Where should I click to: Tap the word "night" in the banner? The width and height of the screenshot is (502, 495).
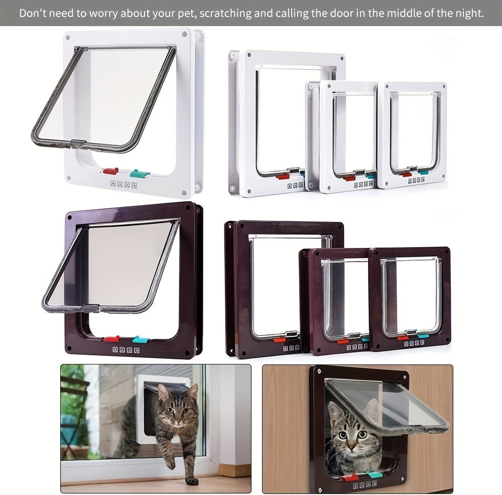click(x=469, y=13)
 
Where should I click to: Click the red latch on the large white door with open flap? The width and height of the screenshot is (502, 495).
click(x=110, y=171)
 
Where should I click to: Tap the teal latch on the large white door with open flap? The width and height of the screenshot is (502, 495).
click(x=140, y=174)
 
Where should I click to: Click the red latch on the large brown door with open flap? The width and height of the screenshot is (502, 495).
click(x=111, y=339)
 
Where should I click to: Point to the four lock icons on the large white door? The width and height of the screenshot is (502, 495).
click(x=123, y=184)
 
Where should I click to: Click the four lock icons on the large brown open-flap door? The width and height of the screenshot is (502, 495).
click(x=126, y=350)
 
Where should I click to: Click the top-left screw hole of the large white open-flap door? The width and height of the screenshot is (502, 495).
click(x=68, y=38)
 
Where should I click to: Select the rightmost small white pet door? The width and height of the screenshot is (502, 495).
click(x=412, y=135)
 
